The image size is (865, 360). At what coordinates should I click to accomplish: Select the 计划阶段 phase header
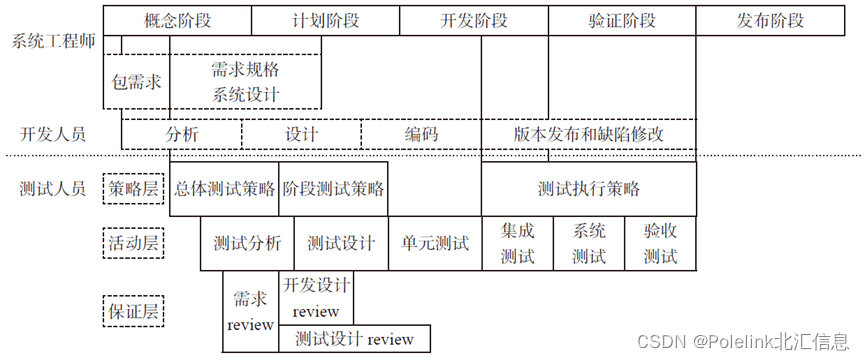(325, 20)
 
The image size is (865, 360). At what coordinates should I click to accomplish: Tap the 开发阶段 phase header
(473, 20)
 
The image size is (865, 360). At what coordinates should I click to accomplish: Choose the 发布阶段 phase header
(770, 20)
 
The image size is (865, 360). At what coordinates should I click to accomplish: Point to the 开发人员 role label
(53, 134)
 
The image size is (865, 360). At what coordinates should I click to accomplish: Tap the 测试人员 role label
(53, 187)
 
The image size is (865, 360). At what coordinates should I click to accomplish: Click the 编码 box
(421, 134)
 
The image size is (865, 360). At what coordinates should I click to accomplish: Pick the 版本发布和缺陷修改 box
(589, 134)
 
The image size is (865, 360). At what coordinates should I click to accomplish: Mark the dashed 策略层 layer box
(133, 187)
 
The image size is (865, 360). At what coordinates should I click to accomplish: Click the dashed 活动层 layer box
(133, 242)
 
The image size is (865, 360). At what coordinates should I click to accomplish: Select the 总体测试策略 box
(224, 188)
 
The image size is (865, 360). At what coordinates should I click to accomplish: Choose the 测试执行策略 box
(589, 188)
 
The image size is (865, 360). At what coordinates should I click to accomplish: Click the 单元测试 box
(435, 243)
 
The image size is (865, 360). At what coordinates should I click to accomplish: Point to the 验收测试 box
(661, 243)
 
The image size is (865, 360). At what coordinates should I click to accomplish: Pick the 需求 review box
(250, 311)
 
